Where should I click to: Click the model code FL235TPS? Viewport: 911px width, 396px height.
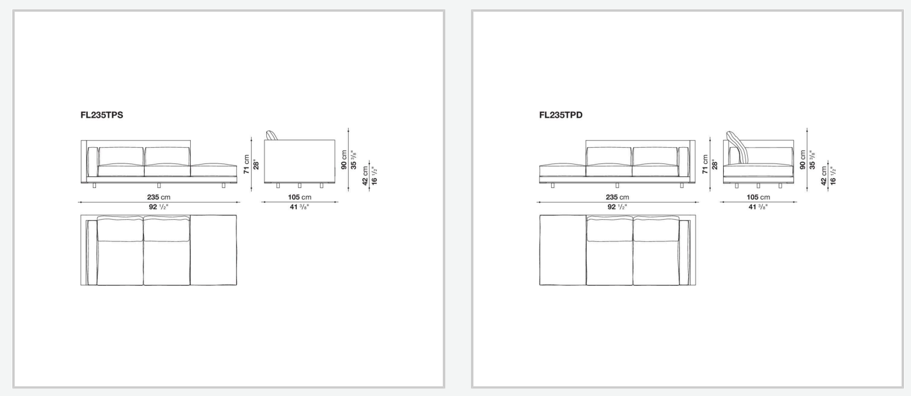pos(102,115)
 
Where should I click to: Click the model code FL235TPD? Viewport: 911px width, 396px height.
pos(561,115)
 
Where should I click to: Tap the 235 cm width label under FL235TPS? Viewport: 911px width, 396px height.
pos(159,197)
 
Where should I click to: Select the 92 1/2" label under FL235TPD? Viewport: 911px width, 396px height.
pos(617,207)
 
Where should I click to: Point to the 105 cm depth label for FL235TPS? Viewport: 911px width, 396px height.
pos(300,197)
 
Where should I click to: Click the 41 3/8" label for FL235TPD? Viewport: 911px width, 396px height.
pos(758,207)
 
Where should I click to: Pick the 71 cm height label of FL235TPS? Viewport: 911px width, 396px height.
pos(246,164)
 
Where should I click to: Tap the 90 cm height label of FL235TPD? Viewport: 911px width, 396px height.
pos(802,159)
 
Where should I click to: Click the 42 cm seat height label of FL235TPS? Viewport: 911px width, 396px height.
pos(365,175)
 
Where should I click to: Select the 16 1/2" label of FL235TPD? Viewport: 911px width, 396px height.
pos(833,175)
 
